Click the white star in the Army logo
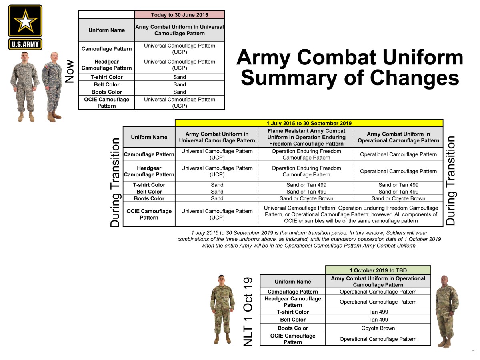tap(25, 21)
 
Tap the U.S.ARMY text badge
tap(25, 44)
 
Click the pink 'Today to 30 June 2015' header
tap(180, 15)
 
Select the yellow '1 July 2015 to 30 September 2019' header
tap(309, 123)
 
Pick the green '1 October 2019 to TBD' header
tap(378, 270)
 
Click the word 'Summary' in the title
tap(289, 78)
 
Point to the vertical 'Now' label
tap(70, 71)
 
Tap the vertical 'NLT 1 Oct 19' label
tap(248, 312)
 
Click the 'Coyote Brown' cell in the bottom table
tap(378, 328)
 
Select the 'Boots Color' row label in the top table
tap(106, 92)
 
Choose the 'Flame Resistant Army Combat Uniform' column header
tap(306, 137)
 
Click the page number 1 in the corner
tap(474, 352)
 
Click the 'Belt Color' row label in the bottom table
tap(293, 320)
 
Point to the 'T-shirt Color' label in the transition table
tap(149, 185)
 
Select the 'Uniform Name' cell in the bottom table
tap(293, 282)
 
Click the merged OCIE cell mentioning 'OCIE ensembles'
tap(351, 214)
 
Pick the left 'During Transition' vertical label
tap(115, 183)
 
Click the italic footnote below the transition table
tap(309, 239)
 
